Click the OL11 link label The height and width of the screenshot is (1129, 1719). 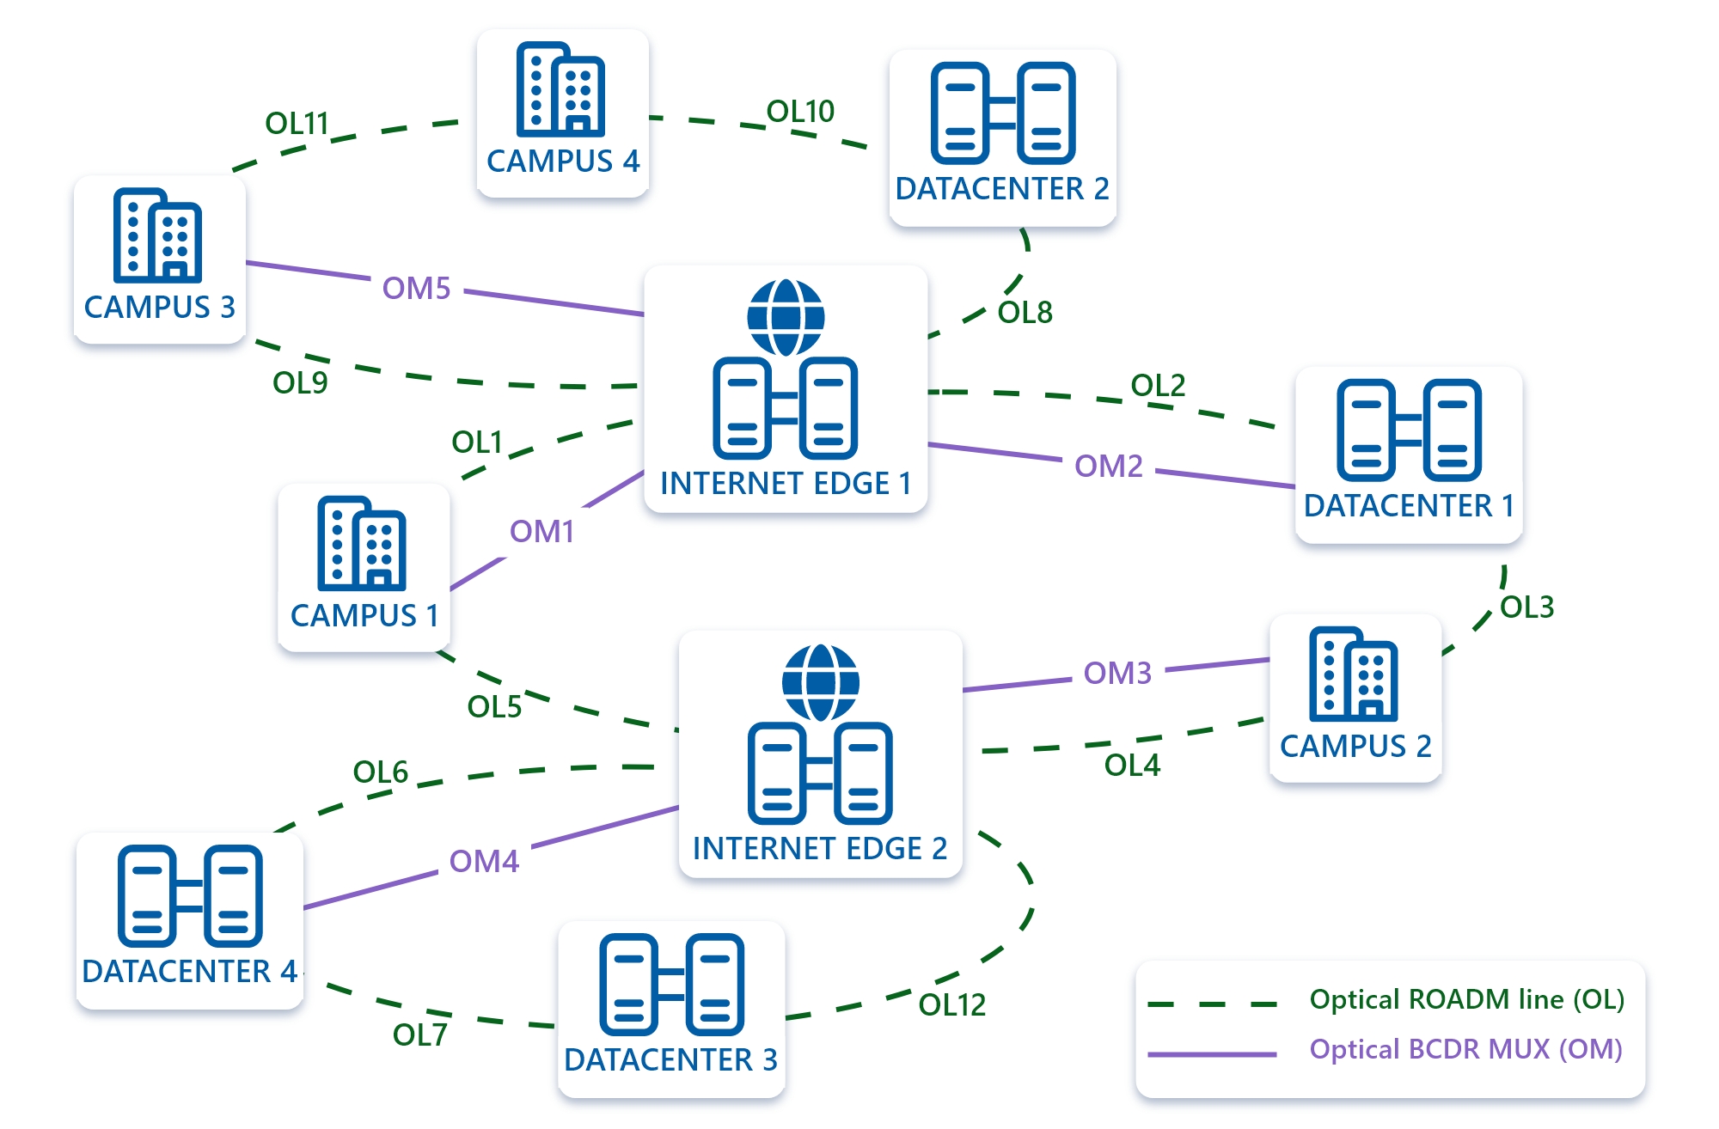click(297, 124)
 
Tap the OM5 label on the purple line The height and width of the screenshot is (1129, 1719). click(416, 289)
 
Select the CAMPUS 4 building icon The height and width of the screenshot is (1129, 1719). click(560, 89)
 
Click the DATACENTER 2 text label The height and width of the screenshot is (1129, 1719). click(1002, 189)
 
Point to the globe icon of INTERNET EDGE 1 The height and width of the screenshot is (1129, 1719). click(786, 317)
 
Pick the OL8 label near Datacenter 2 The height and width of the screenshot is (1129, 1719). click(1025, 313)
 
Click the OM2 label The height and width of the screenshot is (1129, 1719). click(1109, 467)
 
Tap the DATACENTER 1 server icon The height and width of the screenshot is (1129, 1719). click(1409, 430)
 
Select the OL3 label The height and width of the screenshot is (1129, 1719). click(1526, 607)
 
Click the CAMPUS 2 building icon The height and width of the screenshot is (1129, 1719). click(1354, 674)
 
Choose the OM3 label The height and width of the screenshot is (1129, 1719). click(1117, 674)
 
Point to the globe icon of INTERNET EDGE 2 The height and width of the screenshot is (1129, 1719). click(820, 683)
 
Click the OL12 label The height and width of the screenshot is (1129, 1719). click(951, 1005)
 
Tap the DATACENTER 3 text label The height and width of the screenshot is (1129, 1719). click(670, 1060)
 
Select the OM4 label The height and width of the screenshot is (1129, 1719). click(484, 862)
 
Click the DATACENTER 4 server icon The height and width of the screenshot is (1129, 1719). click(190, 896)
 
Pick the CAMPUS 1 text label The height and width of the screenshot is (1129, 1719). click(364, 616)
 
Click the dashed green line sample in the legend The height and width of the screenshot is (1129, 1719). click(1212, 1004)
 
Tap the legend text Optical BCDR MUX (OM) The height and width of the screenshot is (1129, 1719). click(1465, 1050)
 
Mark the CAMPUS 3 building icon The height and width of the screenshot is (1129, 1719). click(157, 235)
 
